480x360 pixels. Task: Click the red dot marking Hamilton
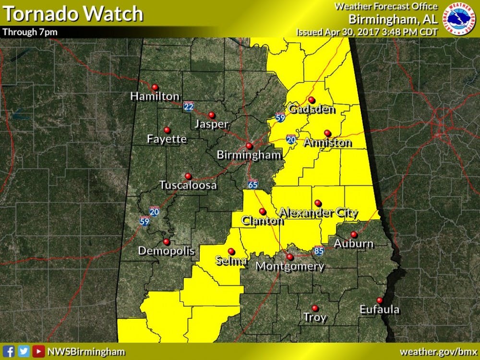(x=155, y=87)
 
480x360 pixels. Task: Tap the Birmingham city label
(x=249, y=155)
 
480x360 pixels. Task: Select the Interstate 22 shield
(x=188, y=106)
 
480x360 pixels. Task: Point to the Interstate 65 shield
(x=253, y=184)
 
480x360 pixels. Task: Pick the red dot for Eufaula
(x=379, y=300)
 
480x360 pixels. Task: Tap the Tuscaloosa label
(x=188, y=185)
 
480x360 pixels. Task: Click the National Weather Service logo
(x=458, y=19)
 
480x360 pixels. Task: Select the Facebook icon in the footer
(x=9, y=351)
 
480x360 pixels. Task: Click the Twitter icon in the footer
(x=24, y=351)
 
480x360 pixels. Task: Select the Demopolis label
(x=166, y=251)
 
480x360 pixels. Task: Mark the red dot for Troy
(x=315, y=308)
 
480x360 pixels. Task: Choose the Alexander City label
(x=318, y=213)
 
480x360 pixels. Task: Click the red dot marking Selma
(x=231, y=251)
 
